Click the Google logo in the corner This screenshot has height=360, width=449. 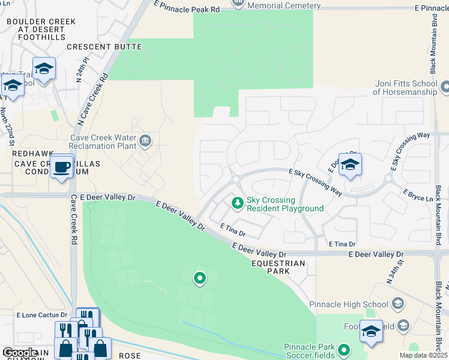[x=20, y=353]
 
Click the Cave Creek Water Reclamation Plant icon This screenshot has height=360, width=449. [x=145, y=141]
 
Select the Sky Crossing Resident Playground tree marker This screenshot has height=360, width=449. [x=238, y=203]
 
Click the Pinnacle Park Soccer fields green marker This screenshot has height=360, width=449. [x=343, y=349]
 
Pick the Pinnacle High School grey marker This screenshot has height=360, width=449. [x=397, y=304]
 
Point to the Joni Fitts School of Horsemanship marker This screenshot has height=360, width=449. [x=445, y=88]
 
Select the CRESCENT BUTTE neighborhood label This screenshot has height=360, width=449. [x=104, y=47]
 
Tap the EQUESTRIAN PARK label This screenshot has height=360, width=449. [x=279, y=267]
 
